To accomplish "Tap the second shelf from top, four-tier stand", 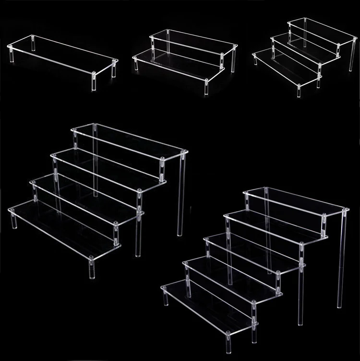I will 108,165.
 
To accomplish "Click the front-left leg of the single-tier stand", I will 10,54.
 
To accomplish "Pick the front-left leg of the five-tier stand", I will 166,297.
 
